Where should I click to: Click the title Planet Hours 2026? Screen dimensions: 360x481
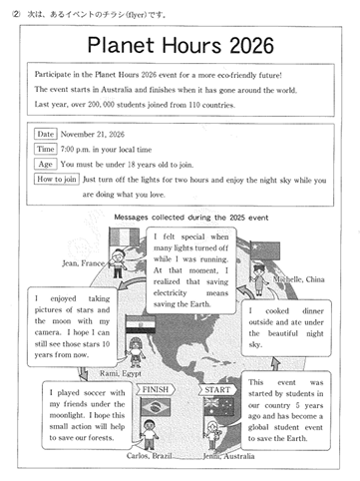180,45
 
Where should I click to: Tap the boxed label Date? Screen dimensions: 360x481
46,134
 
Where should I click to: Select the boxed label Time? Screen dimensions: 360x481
46,149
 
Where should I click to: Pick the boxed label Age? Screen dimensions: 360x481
46,164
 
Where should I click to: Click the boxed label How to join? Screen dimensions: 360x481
57,179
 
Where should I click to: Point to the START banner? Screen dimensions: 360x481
217,389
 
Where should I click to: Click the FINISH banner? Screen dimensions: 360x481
156,389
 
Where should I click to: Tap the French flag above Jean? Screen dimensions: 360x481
125,237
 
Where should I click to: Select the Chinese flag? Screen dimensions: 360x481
265,250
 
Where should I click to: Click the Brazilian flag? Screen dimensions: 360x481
156,407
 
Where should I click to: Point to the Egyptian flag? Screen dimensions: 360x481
141,324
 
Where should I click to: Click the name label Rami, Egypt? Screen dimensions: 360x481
121,373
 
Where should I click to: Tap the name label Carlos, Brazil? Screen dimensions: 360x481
149,455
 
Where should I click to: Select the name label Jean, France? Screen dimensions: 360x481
83,263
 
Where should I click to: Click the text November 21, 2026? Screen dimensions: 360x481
93,134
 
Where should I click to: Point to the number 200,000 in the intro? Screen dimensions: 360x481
101,105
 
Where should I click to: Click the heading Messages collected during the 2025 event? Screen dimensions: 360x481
191,218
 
